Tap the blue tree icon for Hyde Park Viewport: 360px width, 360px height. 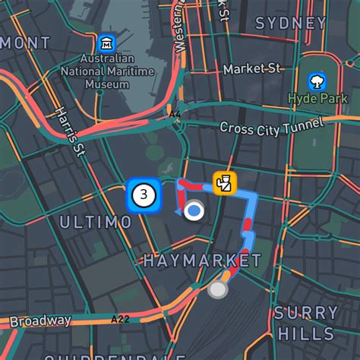(x=316, y=80)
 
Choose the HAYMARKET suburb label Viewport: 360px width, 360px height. (x=202, y=261)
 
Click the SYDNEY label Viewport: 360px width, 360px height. (x=290, y=23)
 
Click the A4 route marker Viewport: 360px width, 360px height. (x=175, y=115)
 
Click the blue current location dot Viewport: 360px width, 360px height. (x=195, y=210)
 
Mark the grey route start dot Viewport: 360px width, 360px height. (x=218, y=289)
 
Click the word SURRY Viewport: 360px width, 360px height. (x=306, y=313)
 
